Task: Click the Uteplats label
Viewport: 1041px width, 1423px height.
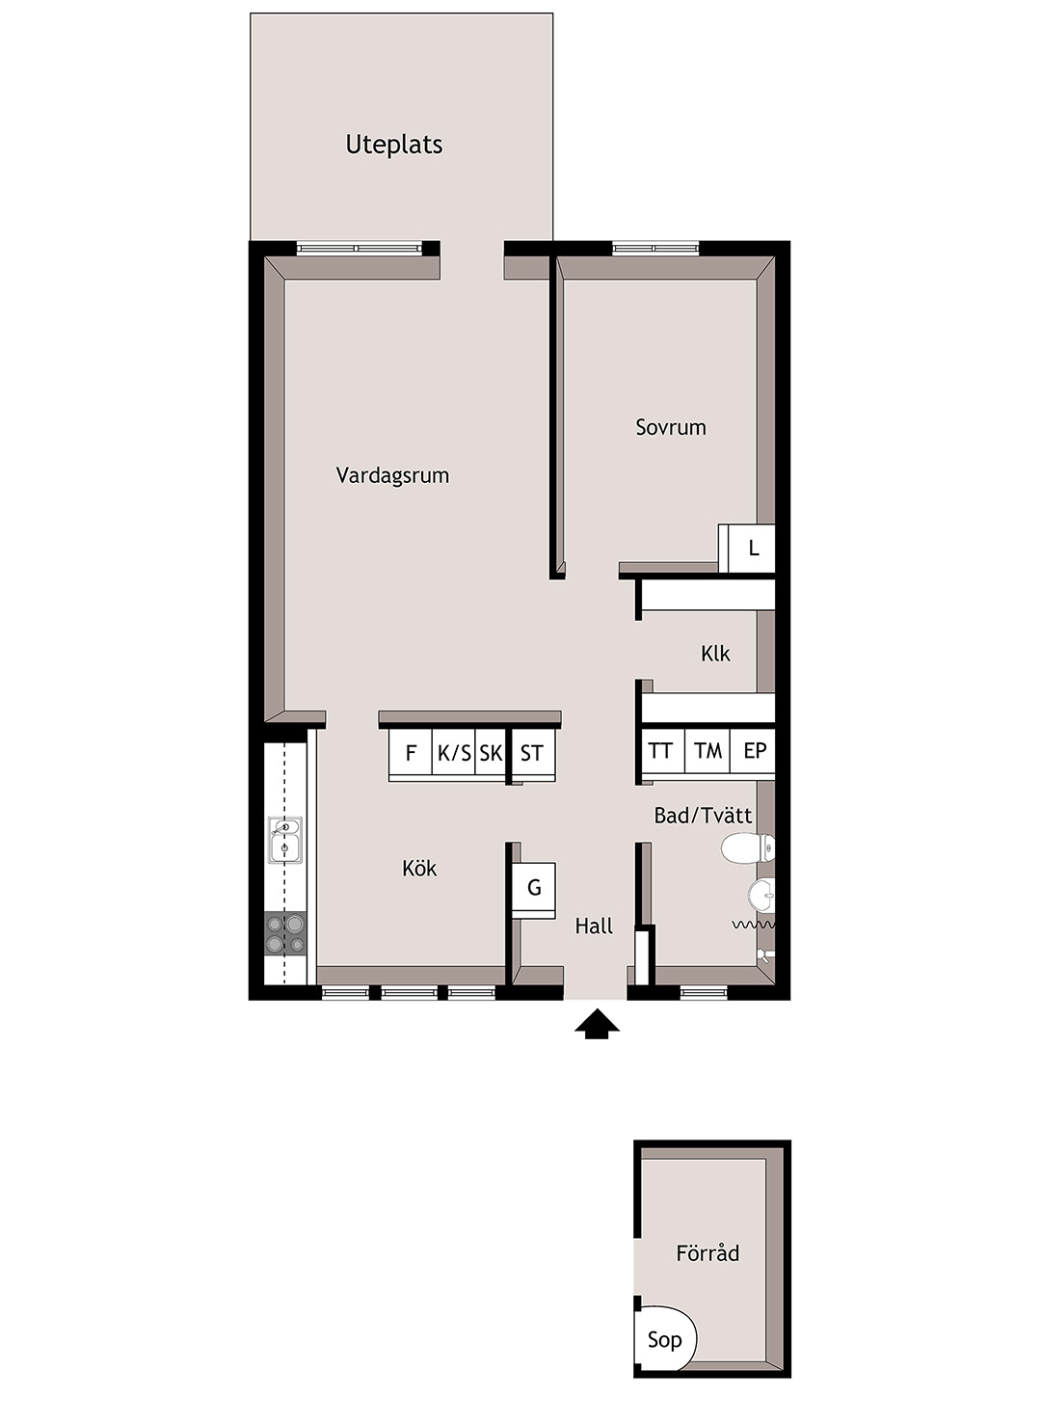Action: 394,145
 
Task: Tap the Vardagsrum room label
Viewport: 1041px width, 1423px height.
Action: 392,475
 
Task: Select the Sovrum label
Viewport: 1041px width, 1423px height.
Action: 671,427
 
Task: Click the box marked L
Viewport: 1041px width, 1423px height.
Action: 752,548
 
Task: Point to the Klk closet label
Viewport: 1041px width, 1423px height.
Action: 715,654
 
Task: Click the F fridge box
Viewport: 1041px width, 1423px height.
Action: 411,753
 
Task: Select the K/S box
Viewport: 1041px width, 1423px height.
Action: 453,753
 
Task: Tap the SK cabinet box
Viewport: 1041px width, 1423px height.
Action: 491,753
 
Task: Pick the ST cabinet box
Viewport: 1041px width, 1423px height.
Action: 533,753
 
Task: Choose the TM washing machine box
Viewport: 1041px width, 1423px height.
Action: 707,751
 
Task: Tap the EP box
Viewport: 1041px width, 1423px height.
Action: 754,751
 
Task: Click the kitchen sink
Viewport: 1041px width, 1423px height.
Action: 284,840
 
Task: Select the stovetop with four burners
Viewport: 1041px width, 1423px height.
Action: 285,934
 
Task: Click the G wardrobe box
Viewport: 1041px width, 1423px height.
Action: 534,888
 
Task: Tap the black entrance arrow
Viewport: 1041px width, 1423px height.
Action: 597,1026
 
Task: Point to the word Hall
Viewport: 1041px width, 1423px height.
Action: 594,926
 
